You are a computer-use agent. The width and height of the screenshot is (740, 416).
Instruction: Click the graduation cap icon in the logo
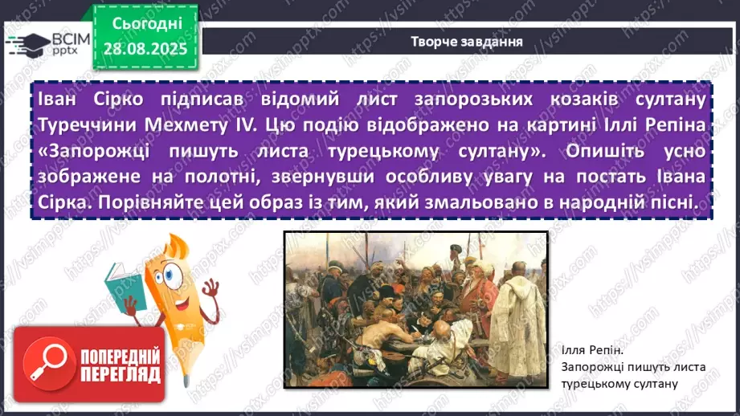(27, 43)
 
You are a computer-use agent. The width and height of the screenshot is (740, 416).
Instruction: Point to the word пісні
(668, 203)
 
